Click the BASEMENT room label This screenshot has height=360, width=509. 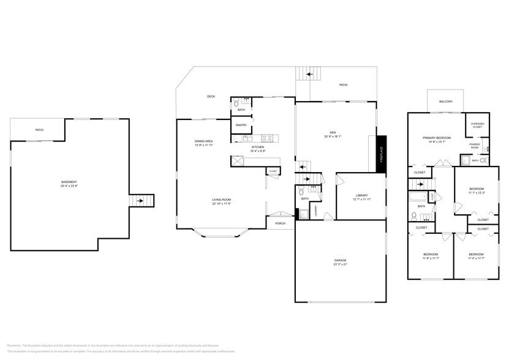[69, 182]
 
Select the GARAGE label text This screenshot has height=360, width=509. [340, 260]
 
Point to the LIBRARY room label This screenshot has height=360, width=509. [361, 195]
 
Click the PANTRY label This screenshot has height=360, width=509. [241, 125]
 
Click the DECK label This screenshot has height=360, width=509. [211, 96]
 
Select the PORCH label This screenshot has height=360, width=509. [280, 223]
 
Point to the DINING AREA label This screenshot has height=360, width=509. [203, 141]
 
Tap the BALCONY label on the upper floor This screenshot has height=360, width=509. [445, 102]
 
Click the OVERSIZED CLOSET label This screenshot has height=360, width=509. [477, 125]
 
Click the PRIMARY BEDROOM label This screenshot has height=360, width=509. [437, 138]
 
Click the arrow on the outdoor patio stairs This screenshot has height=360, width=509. [310, 74]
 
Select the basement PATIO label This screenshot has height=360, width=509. [39, 130]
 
